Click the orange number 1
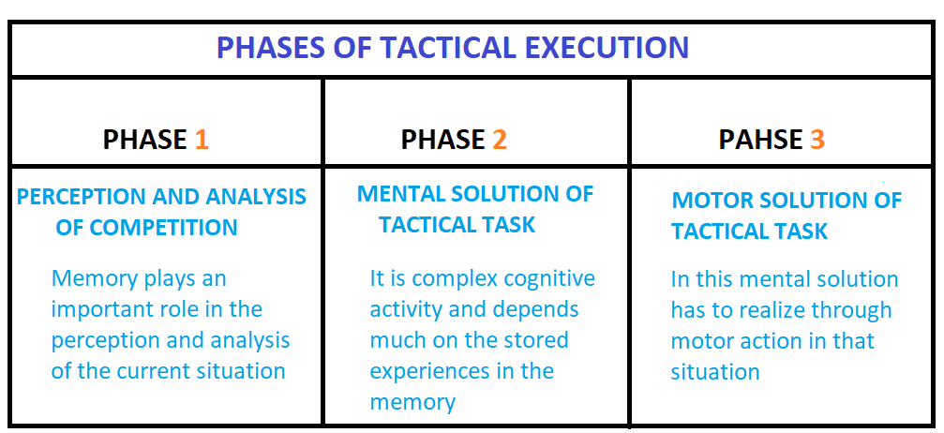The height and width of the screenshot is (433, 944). pyautogui.click(x=201, y=141)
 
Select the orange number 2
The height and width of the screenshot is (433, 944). pyautogui.click(x=500, y=141)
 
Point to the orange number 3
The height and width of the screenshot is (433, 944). pyautogui.click(x=817, y=141)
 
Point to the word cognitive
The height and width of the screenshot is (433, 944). pyautogui.click(x=550, y=279)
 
